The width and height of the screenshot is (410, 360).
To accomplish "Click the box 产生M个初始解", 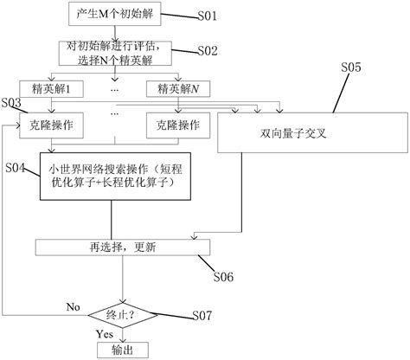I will [x=112, y=15].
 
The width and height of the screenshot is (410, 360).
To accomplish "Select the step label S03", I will [x=11, y=104].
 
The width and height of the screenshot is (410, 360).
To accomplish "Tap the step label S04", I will [x=16, y=165].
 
